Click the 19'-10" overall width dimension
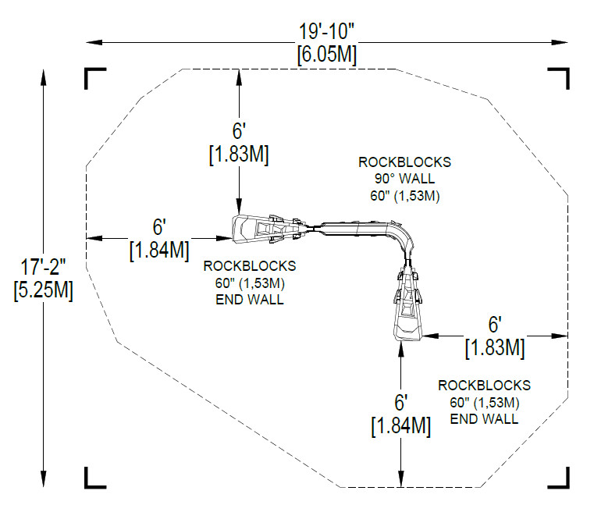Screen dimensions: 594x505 pos(326,31)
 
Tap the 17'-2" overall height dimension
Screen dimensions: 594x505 pos(43,267)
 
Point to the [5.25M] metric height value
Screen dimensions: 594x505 pos(43,290)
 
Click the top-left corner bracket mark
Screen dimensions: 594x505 pos(94,78)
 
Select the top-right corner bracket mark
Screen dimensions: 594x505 pos(559,78)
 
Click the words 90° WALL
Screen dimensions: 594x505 pos(404,179)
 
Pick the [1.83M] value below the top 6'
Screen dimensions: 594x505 pos(239,155)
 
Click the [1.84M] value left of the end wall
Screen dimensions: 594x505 pos(159,251)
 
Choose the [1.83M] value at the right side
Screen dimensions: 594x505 pos(495,348)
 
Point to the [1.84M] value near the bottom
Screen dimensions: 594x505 pos(400,426)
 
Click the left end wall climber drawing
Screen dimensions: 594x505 pos(271,229)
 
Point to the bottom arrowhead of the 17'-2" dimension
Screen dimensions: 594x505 pos(44,479)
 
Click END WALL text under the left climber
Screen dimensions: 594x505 pos(250,300)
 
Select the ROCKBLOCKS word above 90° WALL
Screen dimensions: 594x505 pos(404,162)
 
